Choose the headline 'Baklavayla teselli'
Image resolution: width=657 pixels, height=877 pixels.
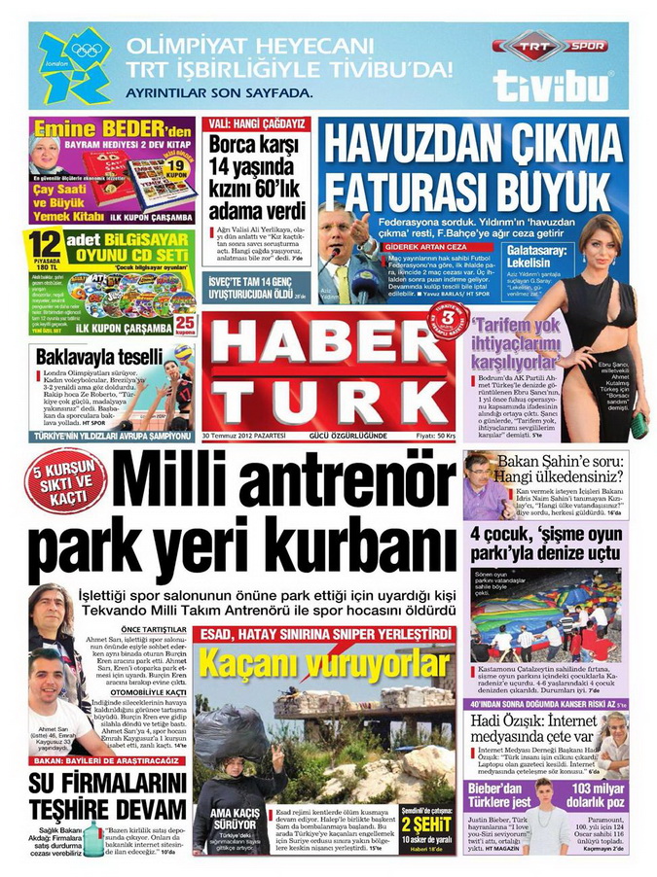(99, 357)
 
